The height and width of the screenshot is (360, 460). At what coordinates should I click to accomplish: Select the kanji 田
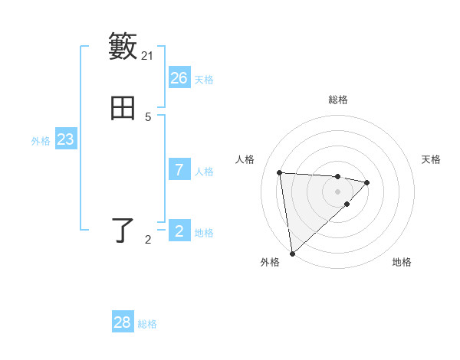123,108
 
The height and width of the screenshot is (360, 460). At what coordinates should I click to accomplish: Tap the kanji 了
123,231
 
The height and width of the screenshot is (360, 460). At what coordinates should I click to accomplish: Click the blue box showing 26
179,78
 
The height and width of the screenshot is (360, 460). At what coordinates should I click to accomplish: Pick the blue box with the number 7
179,170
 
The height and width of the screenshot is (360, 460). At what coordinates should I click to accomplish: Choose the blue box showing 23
66,139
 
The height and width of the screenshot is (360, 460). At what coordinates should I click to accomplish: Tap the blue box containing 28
123,322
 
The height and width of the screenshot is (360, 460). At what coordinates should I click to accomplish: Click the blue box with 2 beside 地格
179,231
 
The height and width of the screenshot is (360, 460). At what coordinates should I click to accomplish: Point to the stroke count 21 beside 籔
148,56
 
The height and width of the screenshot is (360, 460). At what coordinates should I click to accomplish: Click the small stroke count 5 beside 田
148,117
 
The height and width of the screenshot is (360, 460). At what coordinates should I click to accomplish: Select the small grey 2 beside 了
148,240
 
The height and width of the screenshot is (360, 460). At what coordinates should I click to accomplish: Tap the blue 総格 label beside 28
147,324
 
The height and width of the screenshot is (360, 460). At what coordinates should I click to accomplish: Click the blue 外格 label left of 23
41,141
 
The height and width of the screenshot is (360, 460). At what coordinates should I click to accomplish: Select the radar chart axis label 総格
338,100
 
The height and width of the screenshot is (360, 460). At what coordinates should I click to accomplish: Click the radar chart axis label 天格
432,159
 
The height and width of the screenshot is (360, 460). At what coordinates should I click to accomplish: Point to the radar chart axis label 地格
402,262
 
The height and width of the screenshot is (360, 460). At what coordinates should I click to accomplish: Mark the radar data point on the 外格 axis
291,253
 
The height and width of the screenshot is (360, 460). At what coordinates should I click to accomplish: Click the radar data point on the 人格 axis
280,172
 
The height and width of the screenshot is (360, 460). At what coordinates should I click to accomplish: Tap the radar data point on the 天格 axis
367,182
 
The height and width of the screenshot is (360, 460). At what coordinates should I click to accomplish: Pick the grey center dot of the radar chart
338,191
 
